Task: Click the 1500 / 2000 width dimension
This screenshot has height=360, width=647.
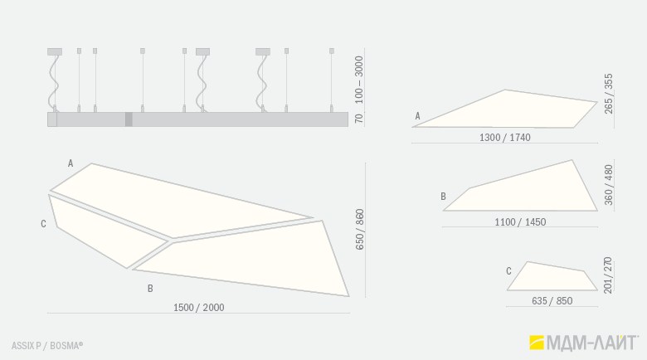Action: [x=199, y=308]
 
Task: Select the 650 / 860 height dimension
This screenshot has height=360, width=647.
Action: [x=360, y=229]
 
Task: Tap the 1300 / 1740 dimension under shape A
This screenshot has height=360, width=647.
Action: [x=504, y=138]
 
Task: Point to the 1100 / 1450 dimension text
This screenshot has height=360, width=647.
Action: [x=520, y=222]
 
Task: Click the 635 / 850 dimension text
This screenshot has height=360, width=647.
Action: [x=552, y=301]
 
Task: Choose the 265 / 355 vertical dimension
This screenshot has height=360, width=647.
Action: [x=609, y=94]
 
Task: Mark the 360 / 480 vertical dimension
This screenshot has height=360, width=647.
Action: [x=609, y=184]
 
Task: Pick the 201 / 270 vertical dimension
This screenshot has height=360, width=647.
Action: [x=608, y=275]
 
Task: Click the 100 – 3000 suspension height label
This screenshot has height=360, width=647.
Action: [x=359, y=80]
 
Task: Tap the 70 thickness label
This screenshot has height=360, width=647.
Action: [x=359, y=118]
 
